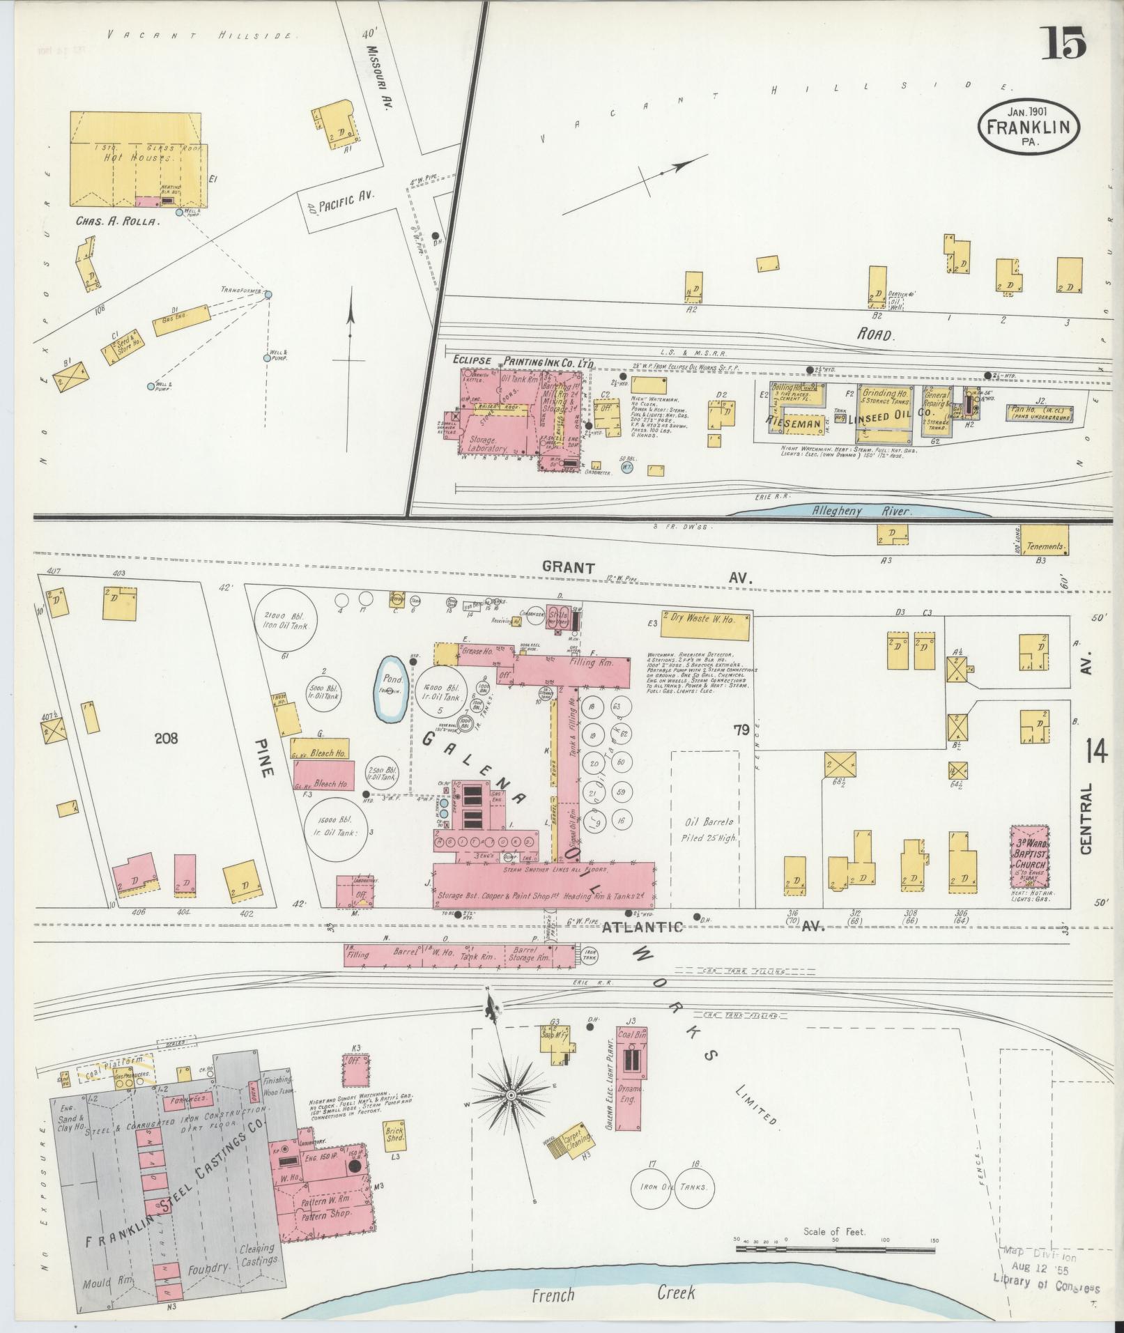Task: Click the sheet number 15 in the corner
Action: (x=1064, y=43)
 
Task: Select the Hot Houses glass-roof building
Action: (x=137, y=159)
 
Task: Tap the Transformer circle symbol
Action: (x=268, y=294)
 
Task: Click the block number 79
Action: (x=740, y=730)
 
